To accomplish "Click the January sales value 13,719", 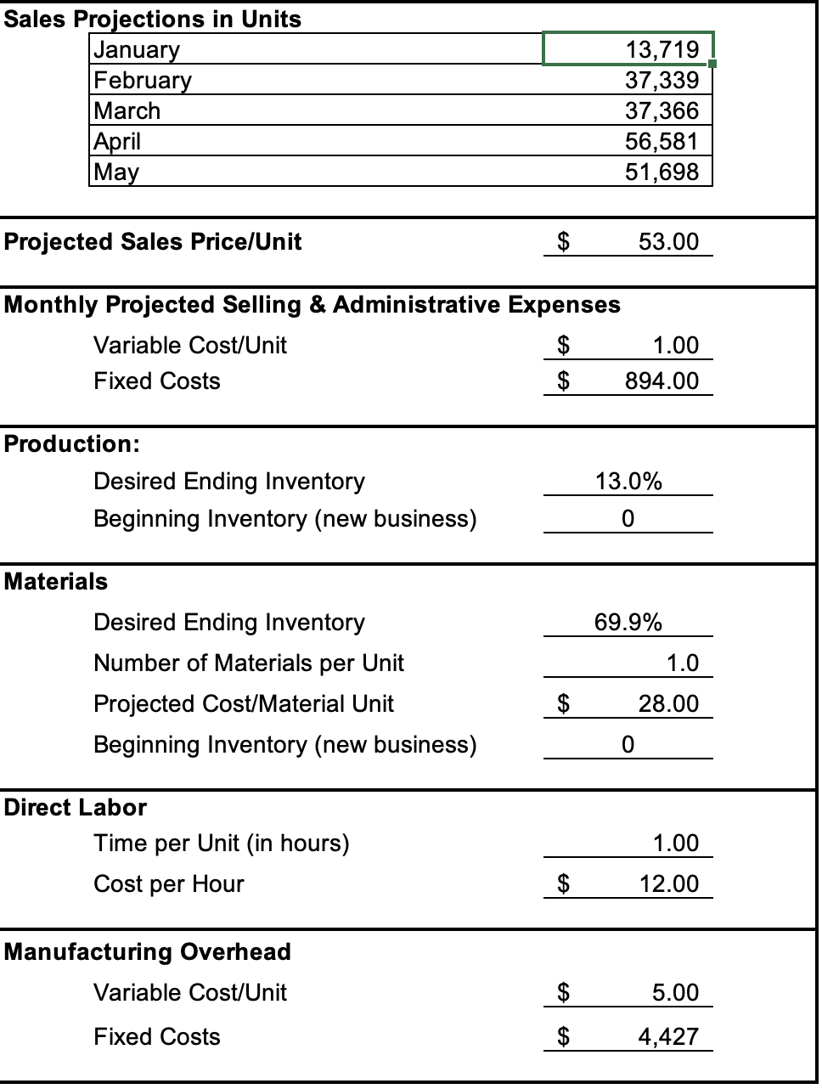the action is click(662, 49).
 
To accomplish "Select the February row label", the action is click(143, 80).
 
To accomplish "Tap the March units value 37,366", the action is click(662, 110).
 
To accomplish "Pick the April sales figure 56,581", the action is click(662, 141).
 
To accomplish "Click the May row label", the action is click(116, 172).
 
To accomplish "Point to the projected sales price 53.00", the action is click(668, 241).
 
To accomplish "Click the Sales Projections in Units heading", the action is click(153, 19).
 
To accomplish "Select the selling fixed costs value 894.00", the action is click(662, 381).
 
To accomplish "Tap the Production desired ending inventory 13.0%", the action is click(628, 481).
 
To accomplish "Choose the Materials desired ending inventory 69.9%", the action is click(628, 622).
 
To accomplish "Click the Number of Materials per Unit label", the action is click(249, 663).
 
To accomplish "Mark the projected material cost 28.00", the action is click(668, 703).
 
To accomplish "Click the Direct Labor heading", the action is click(76, 807).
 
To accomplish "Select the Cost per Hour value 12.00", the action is click(668, 883).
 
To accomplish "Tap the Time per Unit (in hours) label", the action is click(222, 843).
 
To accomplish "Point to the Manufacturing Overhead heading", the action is click(148, 951).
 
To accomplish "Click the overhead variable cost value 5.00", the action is click(675, 992).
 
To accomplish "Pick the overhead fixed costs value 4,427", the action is click(668, 1036).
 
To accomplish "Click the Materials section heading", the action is click(56, 581).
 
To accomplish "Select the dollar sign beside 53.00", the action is click(562, 241).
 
